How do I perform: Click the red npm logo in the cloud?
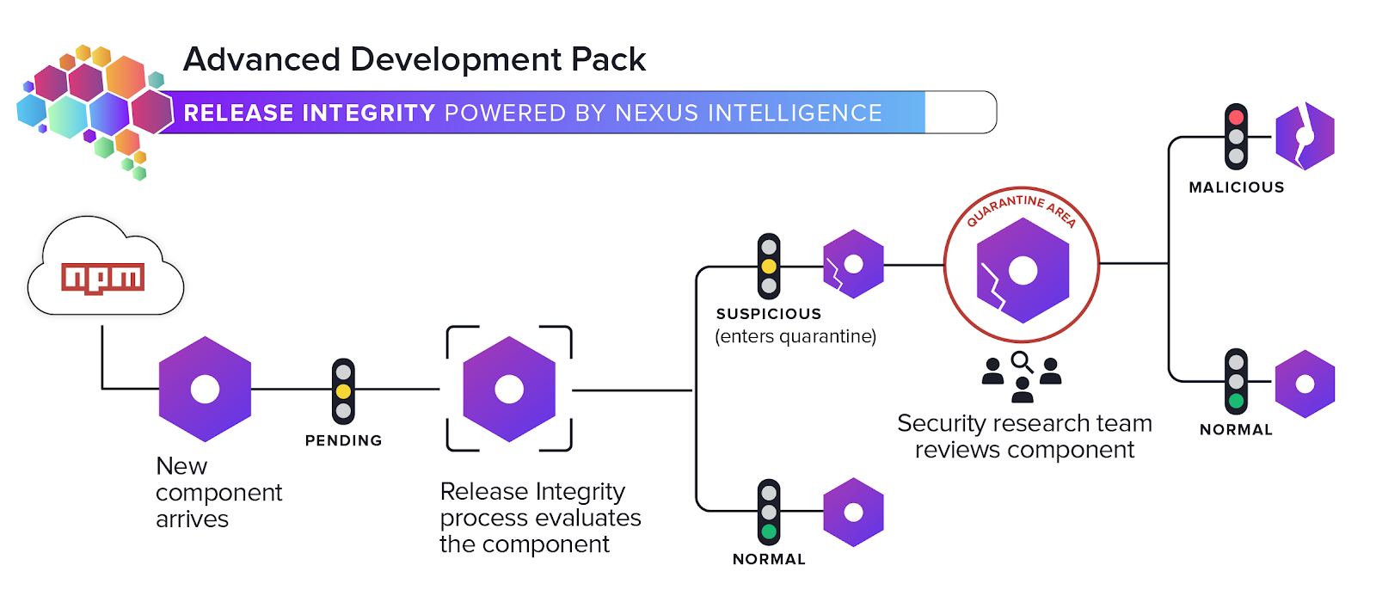[x=102, y=278]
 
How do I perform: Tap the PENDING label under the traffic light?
[x=343, y=440]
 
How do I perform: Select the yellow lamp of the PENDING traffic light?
[x=343, y=391]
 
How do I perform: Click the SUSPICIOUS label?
[x=769, y=314]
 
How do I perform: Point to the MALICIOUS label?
[x=1236, y=187]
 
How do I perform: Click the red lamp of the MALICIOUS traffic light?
[x=1236, y=117]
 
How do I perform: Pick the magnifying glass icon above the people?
[x=1022, y=361]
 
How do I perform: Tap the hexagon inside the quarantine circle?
[x=1022, y=270]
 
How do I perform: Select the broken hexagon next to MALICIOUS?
[x=1304, y=136]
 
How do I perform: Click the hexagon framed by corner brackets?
[x=509, y=389]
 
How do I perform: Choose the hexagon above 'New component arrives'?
[x=205, y=389]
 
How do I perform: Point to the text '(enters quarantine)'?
[x=795, y=336]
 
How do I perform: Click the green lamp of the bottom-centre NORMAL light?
[x=769, y=531]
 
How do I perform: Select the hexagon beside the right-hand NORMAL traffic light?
[x=1304, y=384]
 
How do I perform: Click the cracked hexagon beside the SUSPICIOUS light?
[x=852, y=264]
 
